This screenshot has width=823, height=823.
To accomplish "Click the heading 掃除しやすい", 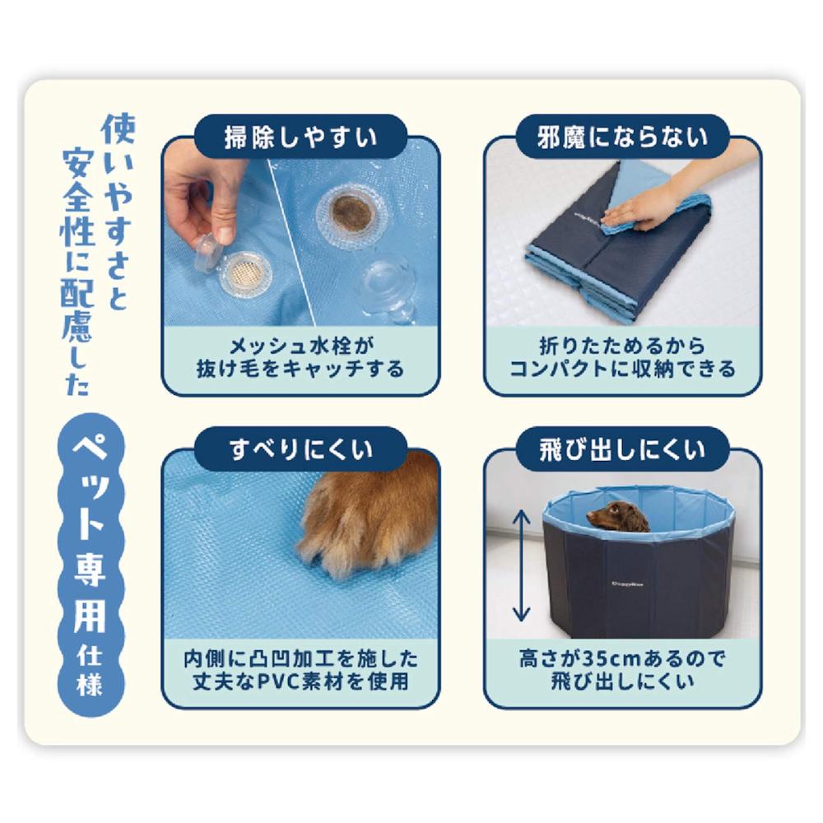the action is pos(300,137).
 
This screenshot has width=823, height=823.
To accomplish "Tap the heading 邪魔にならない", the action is pos(622,137).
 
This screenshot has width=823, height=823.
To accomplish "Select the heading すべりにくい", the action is pos(300,450).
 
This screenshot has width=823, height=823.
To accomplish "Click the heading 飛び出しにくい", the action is pos(622,450).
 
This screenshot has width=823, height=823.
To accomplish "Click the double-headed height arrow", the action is pos(521,566).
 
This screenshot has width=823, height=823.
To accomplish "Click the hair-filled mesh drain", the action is pos(352,213).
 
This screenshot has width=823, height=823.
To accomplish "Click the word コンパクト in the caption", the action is pos(559,369).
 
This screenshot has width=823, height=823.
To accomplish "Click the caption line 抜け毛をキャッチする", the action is pos(300,369).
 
